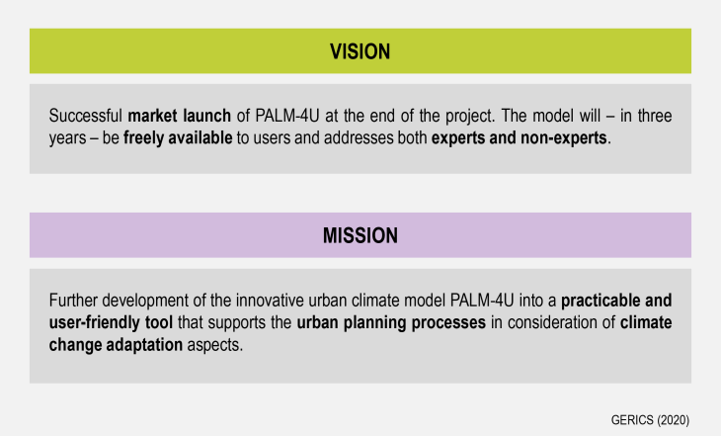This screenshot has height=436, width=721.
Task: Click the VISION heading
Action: point(360,51)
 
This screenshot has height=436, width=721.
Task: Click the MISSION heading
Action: point(360,235)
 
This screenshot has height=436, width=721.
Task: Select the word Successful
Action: point(86,116)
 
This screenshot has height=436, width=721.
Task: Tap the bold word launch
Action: point(206,116)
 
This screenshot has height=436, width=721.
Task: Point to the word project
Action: point(470,117)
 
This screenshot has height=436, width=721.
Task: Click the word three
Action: point(654,116)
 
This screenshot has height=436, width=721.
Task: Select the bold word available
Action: point(200,137)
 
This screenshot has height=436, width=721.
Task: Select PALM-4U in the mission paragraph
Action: point(482,301)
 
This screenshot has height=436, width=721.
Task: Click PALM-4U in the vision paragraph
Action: point(287,116)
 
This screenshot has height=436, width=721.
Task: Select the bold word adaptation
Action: point(144,345)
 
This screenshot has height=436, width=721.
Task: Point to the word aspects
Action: point(214,345)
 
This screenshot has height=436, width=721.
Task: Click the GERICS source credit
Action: point(650,420)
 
